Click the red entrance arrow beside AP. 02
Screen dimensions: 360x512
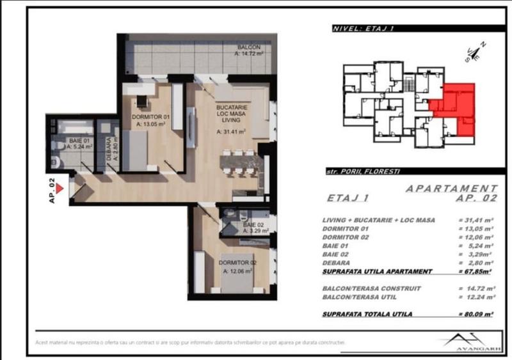tap(59, 189)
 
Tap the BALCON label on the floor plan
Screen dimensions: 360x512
tap(248, 48)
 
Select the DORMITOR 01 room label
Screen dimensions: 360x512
tap(151, 117)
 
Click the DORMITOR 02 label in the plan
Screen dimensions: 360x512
tap(237, 263)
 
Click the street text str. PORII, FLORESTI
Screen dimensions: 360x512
tap(360, 172)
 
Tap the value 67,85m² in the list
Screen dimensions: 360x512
tap(476, 270)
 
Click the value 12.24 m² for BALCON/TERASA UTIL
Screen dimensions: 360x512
tap(477, 297)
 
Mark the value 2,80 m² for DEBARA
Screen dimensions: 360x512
tap(477, 262)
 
